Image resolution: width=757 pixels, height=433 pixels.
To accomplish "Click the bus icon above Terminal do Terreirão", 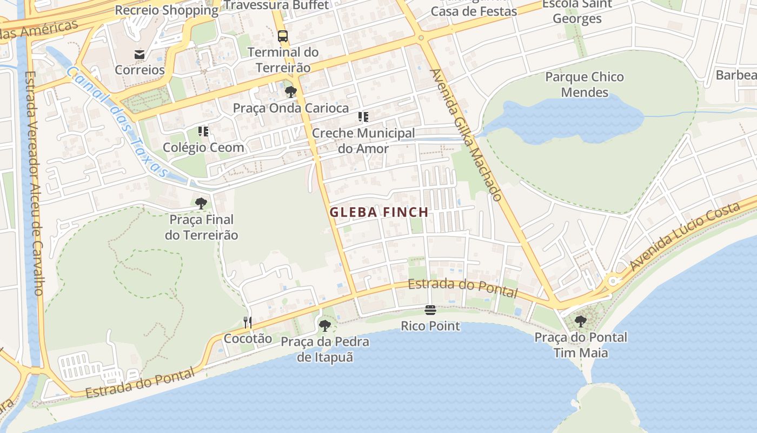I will point(283,36).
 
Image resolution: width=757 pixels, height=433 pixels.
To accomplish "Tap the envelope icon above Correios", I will point(140,54).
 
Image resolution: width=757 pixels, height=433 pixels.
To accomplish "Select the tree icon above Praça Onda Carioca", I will point(291,91).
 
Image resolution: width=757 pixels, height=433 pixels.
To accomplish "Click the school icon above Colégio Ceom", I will point(203,131).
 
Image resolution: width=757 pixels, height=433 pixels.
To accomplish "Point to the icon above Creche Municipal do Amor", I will point(363,117).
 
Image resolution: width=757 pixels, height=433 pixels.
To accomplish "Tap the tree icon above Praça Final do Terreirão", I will point(201,204).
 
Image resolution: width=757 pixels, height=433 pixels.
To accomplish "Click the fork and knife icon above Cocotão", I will point(248,323).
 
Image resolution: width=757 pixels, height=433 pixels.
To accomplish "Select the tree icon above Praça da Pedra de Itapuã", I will point(324,325).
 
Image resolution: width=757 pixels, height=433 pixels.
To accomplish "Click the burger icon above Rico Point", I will point(430,310).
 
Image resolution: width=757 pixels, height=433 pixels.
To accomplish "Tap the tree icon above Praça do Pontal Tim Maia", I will point(581,321).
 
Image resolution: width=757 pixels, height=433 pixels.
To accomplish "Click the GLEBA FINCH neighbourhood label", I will point(379,212).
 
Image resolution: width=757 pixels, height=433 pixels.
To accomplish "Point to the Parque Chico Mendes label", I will point(584,84).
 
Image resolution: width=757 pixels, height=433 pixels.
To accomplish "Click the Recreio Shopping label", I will point(167,10).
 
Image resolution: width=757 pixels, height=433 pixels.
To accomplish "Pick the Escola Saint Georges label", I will point(577,11).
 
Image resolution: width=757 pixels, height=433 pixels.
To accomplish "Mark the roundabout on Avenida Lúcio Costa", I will point(613,281).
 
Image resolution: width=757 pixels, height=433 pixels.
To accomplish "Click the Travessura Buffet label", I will point(276,5).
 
